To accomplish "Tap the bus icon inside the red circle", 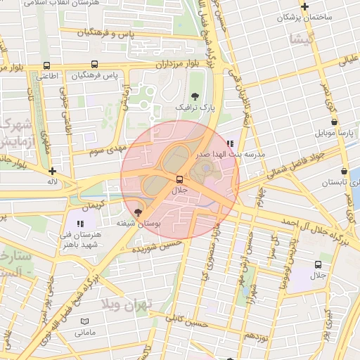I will pyautogui.click(x=179, y=179).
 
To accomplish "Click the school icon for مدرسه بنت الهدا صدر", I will pyautogui.click(x=230, y=143).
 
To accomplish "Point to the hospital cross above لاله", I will pyautogui.click(x=52, y=171).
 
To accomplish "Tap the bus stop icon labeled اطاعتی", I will pyautogui.click(x=46, y=66).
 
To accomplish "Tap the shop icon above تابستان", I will pyautogui.click(x=343, y=171).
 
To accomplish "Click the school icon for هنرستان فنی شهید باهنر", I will pyautogui.click(x=79, y=224).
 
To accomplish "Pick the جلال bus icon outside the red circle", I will pyautogui.click(x=318, y=265).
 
